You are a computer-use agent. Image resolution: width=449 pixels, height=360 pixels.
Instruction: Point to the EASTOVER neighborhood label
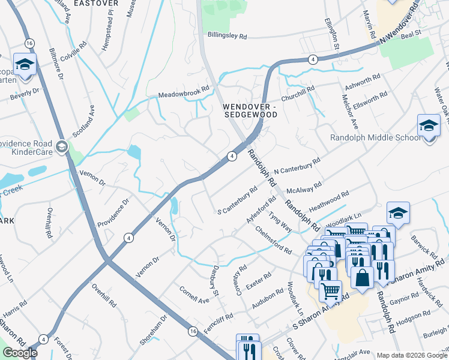tap(95, 4)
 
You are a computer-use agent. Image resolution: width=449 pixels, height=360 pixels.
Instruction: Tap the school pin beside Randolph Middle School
tap(429, 127)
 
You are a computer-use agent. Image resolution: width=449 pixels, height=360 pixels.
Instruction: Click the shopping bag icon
tap(362, 277)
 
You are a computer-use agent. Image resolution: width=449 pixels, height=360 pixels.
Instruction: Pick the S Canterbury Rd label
tap(238, 201)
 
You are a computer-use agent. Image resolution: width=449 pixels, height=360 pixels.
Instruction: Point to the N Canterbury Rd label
tap(297, 167)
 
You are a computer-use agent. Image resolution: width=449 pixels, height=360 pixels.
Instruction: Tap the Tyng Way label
tap(280, 221)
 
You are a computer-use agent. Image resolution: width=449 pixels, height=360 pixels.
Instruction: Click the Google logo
tap(19, 353)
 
